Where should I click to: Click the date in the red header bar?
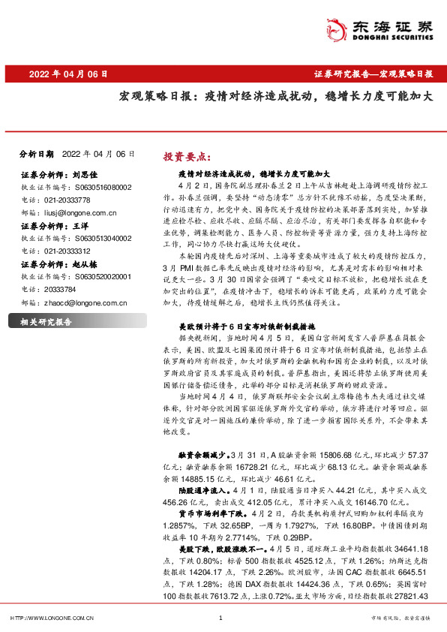[68, 74]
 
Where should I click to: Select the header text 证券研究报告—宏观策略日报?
[373, 74]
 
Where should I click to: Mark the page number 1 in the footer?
[220, 618]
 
